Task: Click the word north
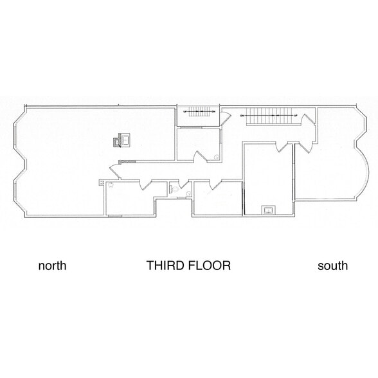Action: coord(53,265)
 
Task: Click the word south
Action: coord(332,265)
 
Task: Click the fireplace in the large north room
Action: coord(122,139)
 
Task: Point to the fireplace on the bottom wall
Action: coord(267,210)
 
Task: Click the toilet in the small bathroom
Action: coord(173,188)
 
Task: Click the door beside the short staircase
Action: coord(226,116)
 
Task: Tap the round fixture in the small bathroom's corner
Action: coord(217,156)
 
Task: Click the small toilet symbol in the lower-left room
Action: coord(110,185)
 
